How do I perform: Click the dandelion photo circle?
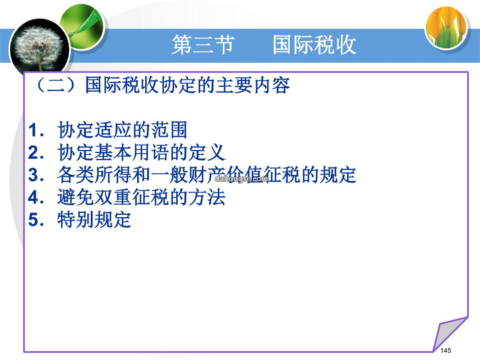39,48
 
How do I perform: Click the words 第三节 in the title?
203,45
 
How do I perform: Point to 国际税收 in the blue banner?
314,45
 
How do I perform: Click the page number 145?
446,350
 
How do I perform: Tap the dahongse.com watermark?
241,179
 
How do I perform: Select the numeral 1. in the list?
36,130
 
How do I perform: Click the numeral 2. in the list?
36,152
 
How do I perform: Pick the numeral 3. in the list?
36,175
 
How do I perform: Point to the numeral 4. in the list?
36,197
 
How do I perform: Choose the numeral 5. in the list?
36,220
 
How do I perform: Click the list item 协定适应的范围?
122,130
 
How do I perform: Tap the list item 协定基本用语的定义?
141,152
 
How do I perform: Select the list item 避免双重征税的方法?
141,197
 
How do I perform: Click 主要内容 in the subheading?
253,85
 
